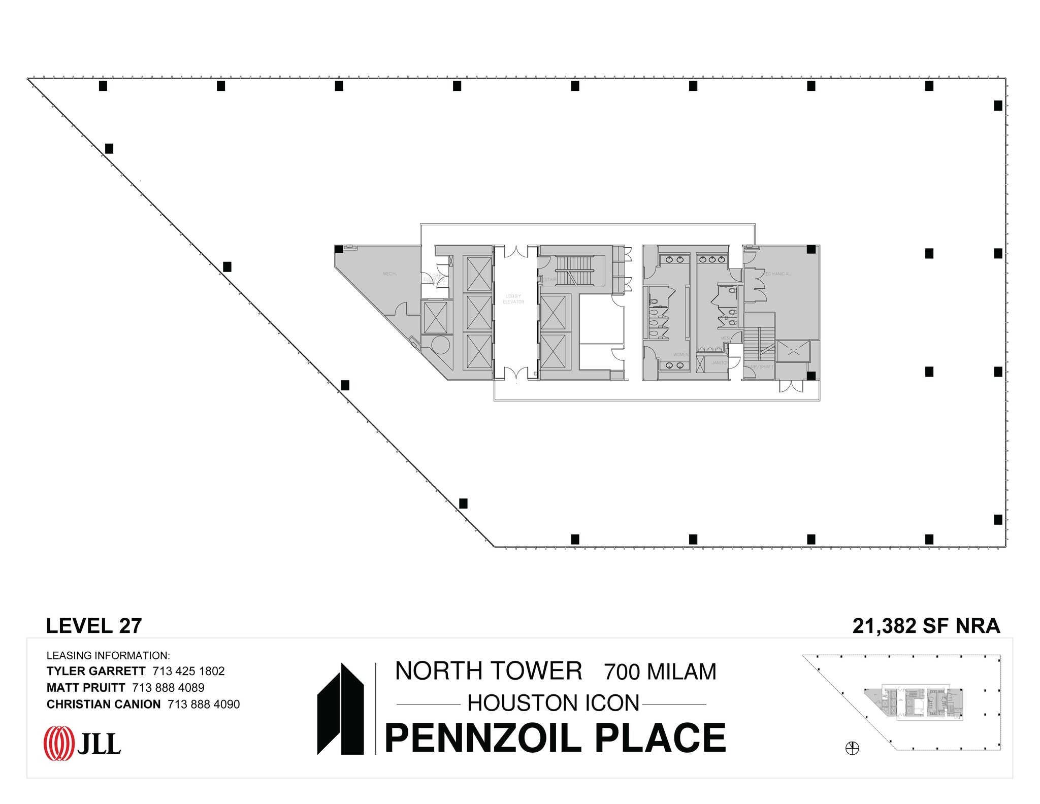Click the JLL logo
click(82, 744)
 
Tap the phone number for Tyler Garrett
click(188, 671)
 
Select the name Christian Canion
click(104, 704)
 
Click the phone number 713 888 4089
click(168, 688)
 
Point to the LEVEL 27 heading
click(94, 626)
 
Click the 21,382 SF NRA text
click(926, 626)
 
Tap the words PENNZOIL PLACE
click(555, 738)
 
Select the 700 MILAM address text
click(660, 672)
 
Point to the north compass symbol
click(852, 748)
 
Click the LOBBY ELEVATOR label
click(513, 299)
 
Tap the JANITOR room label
click(720, 363)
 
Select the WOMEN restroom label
click(680, 354)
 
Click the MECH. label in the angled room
click(389, 274)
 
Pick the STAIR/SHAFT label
click(760, 366)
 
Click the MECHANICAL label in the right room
click(776, 274)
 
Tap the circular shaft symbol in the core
click(440, 345)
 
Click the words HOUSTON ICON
click(553, 703)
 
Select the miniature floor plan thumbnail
click(902, 702)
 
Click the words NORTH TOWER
click(489, 671)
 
